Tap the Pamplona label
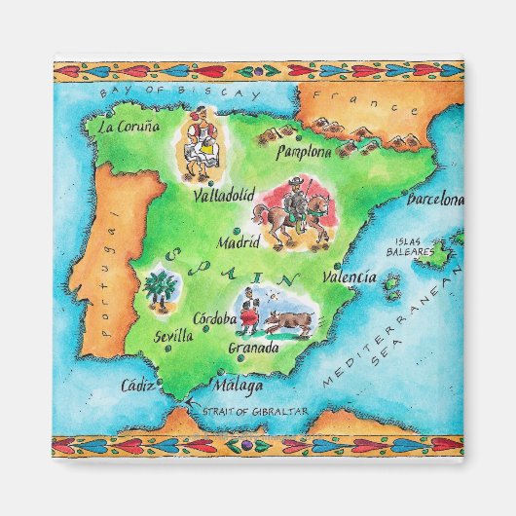(x=305, y=152)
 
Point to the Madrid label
(x=240, y=242)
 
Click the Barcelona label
(x=435, y=201)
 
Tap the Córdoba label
(x=214, y=318)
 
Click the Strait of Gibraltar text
(x=255, y=412)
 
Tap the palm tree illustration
(x=159, y=289)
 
